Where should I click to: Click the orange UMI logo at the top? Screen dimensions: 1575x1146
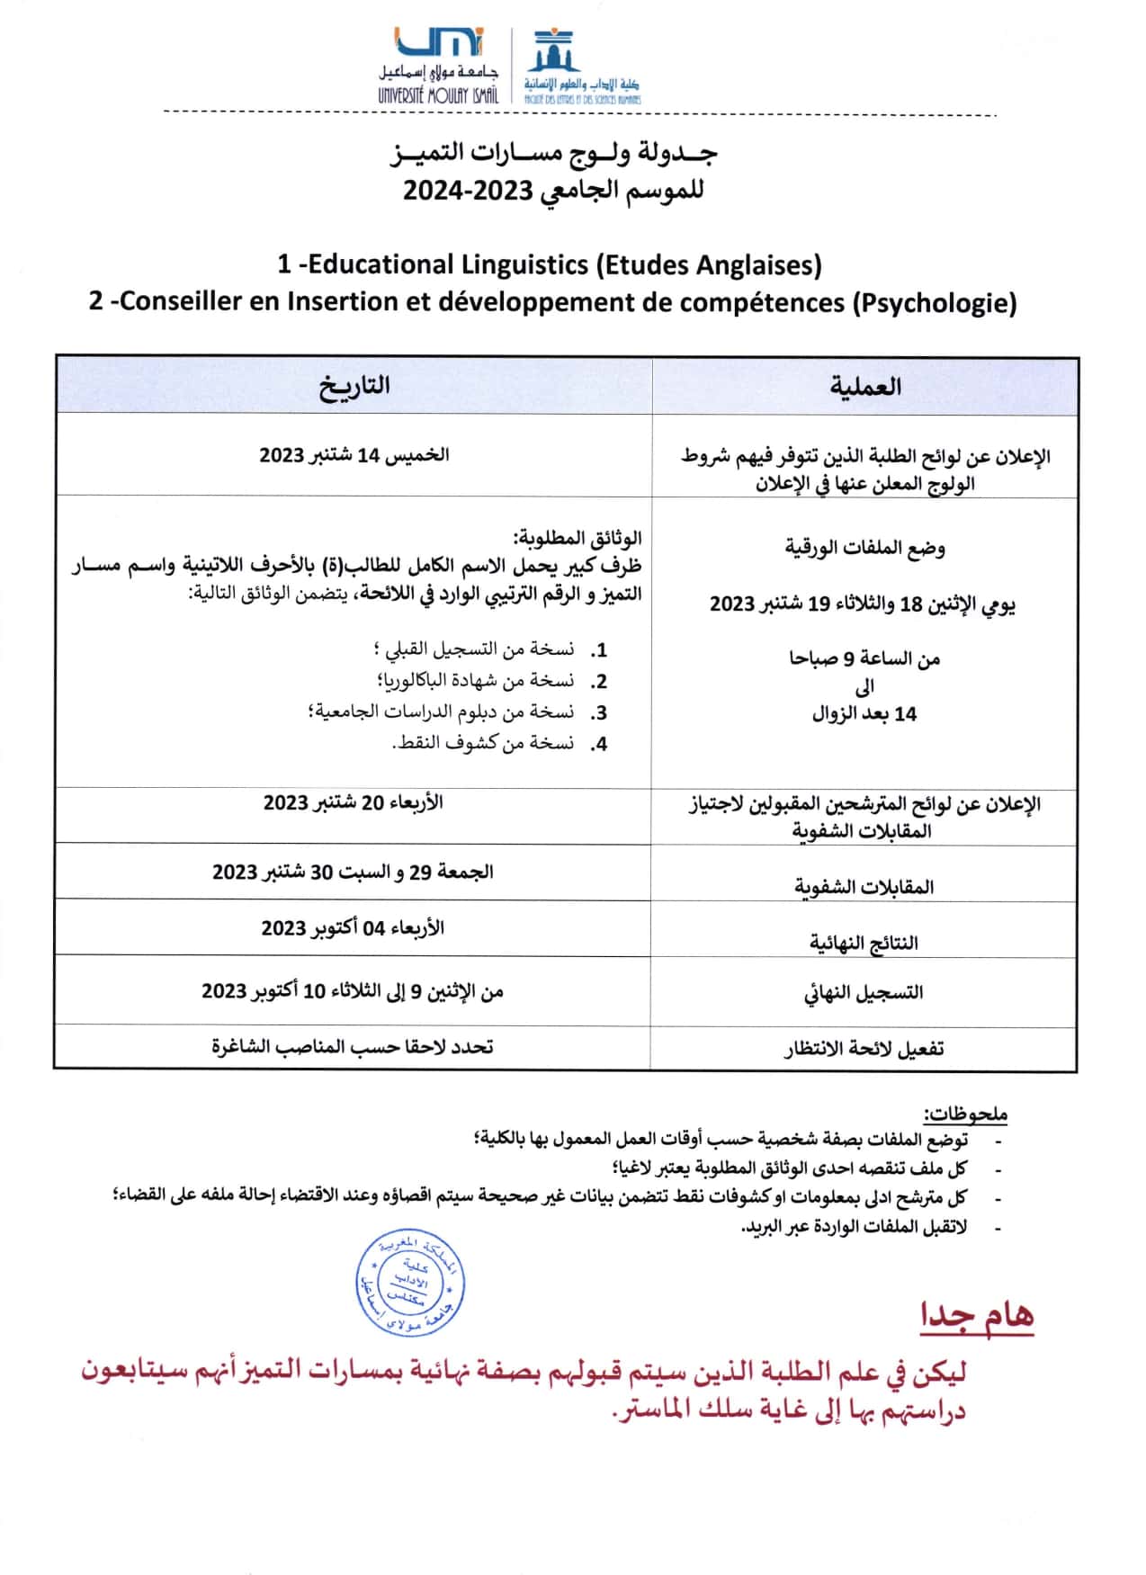coord(439,43)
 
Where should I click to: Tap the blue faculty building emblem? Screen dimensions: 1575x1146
coord(552,52)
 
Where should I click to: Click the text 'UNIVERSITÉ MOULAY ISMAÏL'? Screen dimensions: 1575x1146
coord(437,95)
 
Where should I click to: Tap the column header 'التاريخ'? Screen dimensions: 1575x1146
coord(354,386)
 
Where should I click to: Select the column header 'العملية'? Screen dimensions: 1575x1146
coord(864,387)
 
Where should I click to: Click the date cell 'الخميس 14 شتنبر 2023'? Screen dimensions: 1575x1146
coord(354,455)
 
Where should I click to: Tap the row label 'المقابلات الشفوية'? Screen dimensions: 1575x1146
coord(864,887)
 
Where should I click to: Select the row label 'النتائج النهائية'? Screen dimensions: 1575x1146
coord(864,943)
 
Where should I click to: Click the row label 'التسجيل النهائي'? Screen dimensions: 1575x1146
coord(864,993)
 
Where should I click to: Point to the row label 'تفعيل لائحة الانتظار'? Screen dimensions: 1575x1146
coord(864,1049)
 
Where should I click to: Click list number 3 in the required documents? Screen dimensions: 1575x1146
coord(599,713)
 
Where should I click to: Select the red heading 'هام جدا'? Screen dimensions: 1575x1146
coord(976,1317)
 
